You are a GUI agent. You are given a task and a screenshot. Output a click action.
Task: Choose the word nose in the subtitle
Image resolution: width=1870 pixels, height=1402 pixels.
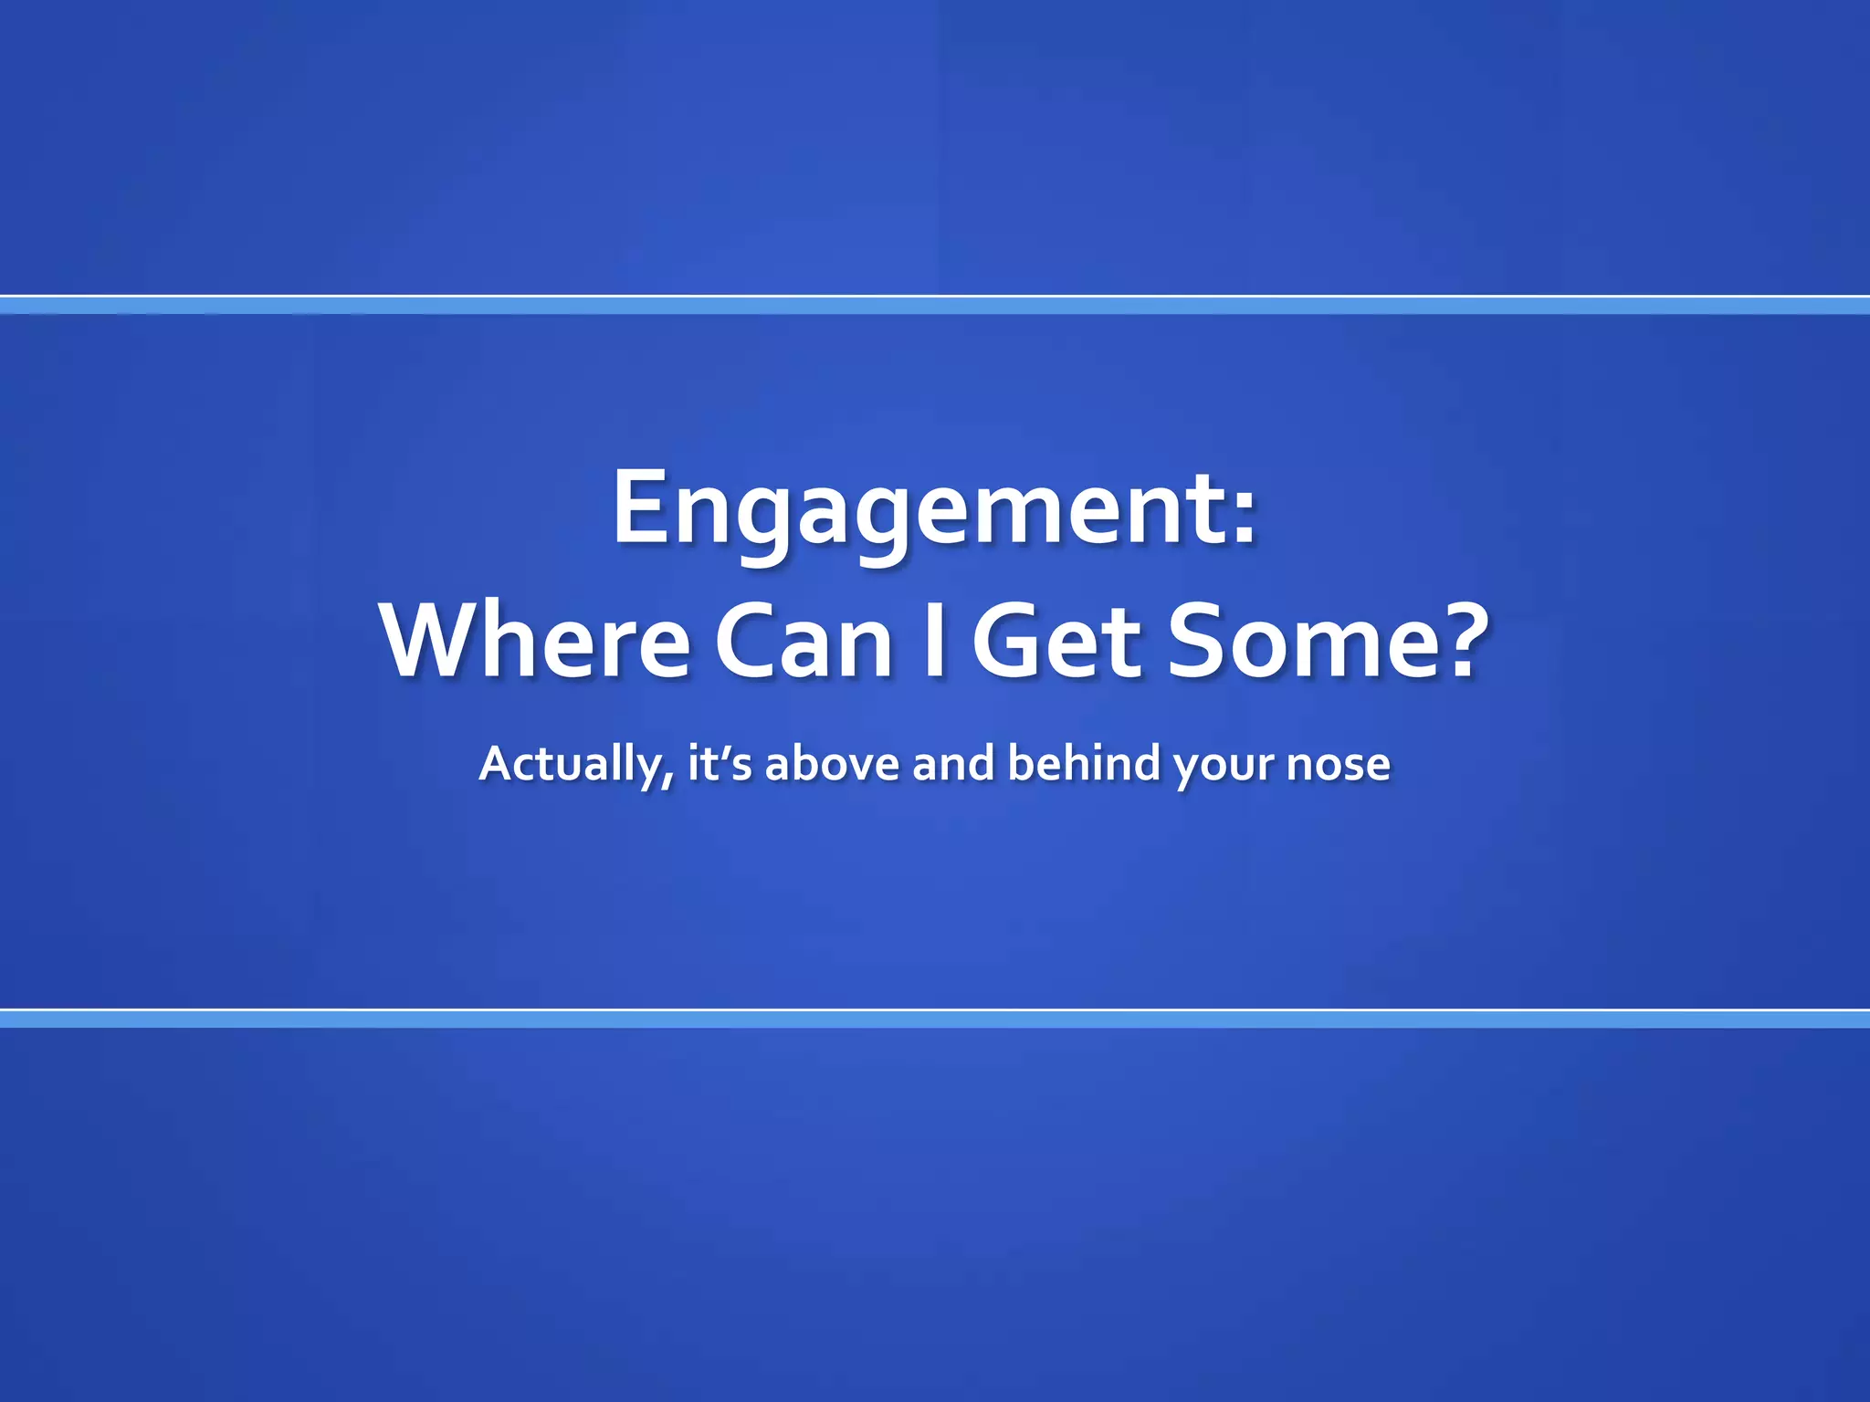click(x=1338, y=765)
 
